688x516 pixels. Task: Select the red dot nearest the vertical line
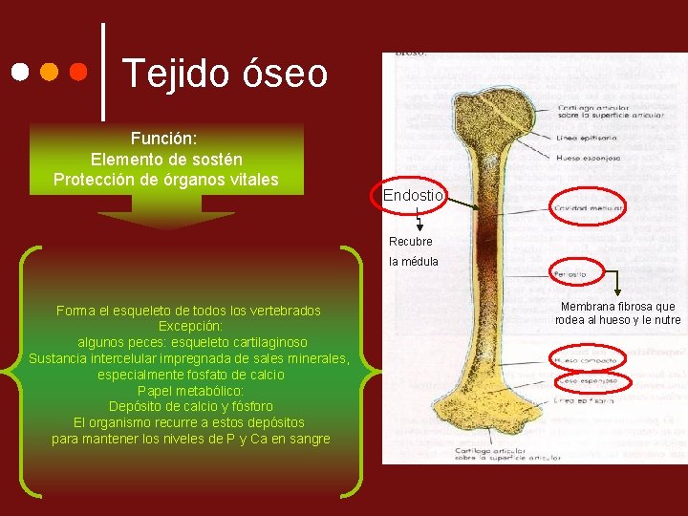[80, 73]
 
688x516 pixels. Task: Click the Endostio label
[413, 195]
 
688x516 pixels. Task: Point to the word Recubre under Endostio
[411, 242]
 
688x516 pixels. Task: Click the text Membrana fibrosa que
[617, 307]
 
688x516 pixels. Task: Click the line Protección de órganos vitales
[165, 180]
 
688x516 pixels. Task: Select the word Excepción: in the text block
[190, 326]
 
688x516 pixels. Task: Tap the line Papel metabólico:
[190, 391]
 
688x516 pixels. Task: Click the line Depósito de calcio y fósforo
[190, 407]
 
